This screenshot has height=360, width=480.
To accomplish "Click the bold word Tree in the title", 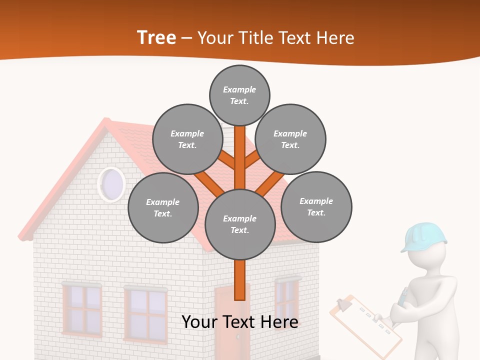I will [x=156, y=38].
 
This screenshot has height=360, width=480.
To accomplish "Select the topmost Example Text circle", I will [x=239, y=95].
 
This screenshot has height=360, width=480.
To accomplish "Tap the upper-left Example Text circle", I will [x=187, y=139].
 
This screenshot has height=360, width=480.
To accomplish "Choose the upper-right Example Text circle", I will [x=290, y=139].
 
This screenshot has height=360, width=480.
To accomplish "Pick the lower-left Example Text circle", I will [x=163, y=207].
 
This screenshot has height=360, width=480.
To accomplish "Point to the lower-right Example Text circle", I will [x=316, y=206].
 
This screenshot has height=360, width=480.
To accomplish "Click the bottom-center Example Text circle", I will [x=240, y=224].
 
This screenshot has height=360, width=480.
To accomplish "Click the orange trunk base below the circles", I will [x=240, y=280].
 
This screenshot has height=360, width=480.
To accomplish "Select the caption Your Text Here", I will [x=240, y=322].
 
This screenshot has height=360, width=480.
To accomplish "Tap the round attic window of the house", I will [x=111, y=184].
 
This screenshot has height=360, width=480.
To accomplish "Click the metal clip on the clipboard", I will [x=343, y=303].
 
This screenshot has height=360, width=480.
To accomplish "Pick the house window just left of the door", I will [x=145, y=314].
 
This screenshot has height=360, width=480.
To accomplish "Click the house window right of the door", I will [x=287, y=300].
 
